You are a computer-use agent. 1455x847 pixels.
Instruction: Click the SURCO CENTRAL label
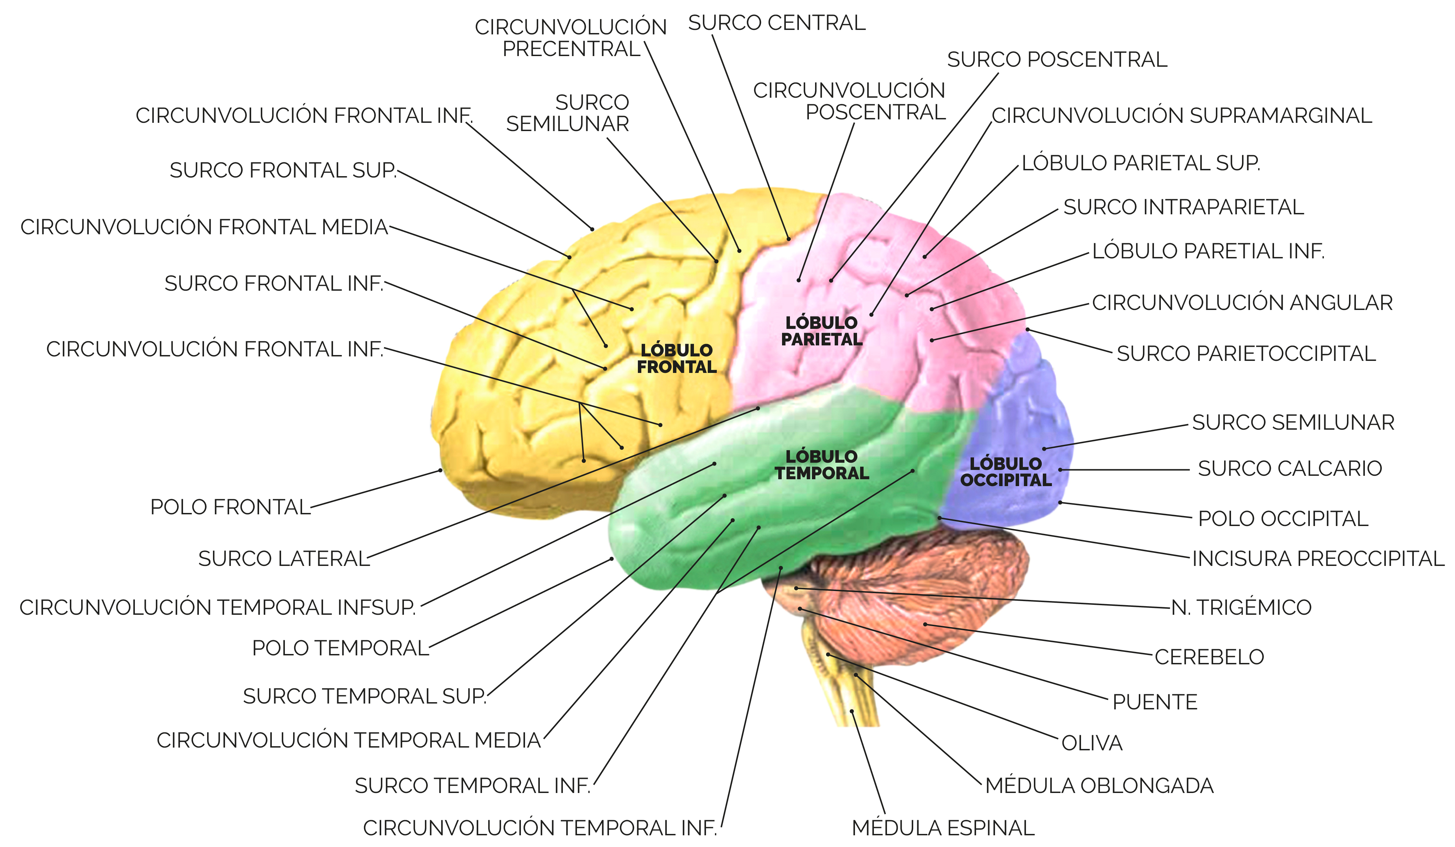(x=777, y=23)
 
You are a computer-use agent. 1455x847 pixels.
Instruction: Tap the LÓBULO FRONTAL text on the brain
(x=677, y=358)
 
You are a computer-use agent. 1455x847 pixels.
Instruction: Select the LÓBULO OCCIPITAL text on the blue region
(x=1006, y=472)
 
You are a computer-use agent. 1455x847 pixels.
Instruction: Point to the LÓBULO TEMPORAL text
(x=822, y=465)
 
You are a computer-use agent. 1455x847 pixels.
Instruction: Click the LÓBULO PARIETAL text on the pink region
(x=822, y=331)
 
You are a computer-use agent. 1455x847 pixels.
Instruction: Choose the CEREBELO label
(x=1209, y=657)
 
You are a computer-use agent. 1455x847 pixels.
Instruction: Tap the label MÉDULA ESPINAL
(x=943, y=828)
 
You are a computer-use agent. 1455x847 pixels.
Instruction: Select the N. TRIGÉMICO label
(x=1241, y=608)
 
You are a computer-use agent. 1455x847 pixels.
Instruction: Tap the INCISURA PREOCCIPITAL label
(x=1318, y=558)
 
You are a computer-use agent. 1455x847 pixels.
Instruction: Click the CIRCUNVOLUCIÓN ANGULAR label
(x=1242, y=302)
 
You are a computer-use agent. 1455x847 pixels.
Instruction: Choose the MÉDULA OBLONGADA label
(x=1099, y=785)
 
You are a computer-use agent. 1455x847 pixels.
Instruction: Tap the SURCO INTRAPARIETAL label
(x=1184, y=207)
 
